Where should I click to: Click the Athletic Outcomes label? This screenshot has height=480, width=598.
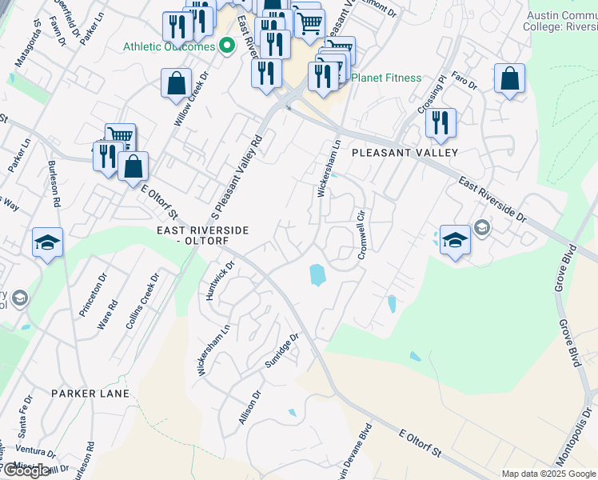(169, 46)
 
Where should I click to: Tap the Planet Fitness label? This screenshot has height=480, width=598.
(386, 78)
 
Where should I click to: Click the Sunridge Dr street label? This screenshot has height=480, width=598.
(282, 351)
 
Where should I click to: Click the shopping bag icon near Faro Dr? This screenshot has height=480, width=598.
(509, 79)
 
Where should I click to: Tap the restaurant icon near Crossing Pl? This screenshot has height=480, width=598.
(440, 123)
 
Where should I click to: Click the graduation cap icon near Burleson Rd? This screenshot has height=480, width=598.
(48, 242)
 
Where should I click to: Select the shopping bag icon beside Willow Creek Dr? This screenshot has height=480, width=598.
(176, 83)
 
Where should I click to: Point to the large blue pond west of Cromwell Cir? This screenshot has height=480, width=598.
(317, 275)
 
